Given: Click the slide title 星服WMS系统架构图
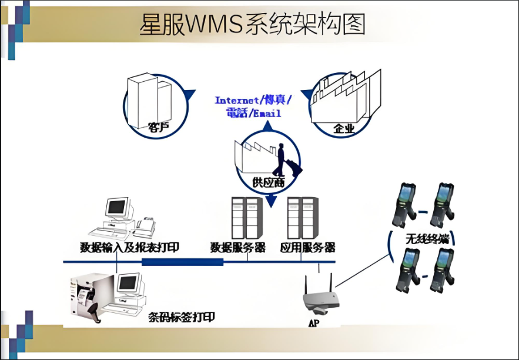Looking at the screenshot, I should click(252, 25).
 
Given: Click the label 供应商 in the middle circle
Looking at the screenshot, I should click(268, 182).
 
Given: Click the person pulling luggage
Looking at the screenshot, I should click(286, 158).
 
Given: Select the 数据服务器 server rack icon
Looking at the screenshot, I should click(245, 217).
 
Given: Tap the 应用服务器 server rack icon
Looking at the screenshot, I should click(302, 217).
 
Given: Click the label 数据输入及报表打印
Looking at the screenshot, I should click(129, 247).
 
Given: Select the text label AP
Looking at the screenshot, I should click(312, 324).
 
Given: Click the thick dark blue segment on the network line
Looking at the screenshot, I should click(182, 261).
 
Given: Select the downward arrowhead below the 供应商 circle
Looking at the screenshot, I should click(270, 201).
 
